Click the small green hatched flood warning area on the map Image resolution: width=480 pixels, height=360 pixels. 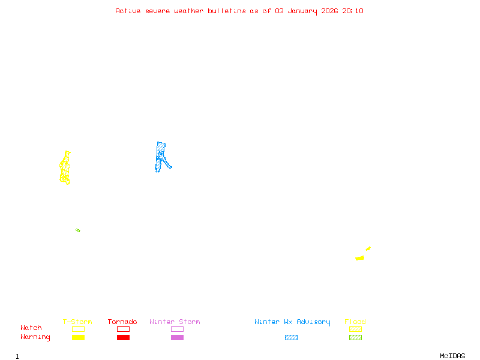(78, 230)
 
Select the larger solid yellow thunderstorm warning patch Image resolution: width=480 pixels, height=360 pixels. (359, 258)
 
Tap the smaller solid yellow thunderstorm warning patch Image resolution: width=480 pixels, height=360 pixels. (368, 248)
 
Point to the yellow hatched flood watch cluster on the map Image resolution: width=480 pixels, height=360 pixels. (65, 169)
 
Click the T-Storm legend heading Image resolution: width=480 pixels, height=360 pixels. (77, 322)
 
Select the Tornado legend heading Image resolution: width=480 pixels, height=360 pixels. (122, 322)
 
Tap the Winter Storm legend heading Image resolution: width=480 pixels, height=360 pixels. (175, 322)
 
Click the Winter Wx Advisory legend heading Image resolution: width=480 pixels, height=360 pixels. (292, 322)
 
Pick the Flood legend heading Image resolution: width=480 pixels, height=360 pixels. (355, 322)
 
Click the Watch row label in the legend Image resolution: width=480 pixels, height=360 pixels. (31, 328)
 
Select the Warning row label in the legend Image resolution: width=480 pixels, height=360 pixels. (35, 337)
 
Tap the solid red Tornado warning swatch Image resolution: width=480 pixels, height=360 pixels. (123, 338)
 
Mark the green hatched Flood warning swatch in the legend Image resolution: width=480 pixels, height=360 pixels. (355, 338)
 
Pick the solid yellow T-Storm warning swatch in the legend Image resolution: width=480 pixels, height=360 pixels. (78, 338)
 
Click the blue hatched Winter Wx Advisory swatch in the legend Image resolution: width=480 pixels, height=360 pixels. (291, 338)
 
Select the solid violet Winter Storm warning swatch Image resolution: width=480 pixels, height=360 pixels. (177, 338)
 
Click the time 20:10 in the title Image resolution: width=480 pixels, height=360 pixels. (353, 11)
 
